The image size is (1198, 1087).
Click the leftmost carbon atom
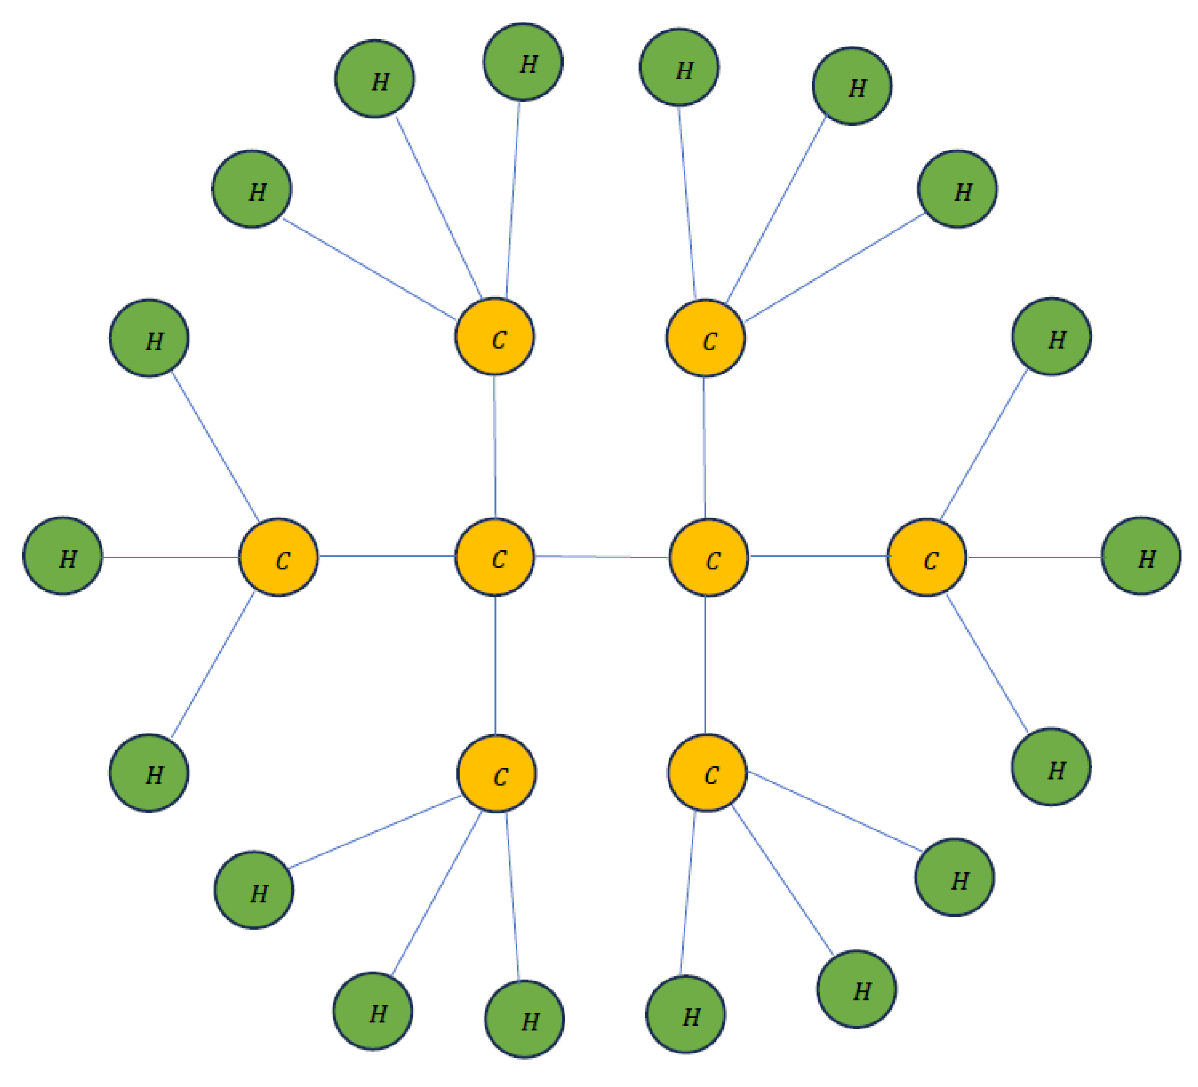coord(278,557)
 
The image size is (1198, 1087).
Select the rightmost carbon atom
coord(927,557)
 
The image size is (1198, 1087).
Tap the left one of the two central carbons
coord(494,557)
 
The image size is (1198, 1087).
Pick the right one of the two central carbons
coord(708,557)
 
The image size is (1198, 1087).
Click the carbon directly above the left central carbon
coord(494,337)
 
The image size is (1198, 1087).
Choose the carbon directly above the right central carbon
coord(705,338)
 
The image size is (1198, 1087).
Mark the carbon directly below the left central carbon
coord(496,773)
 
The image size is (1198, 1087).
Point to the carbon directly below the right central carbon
coord(707,773)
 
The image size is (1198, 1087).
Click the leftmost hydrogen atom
coord(62,556)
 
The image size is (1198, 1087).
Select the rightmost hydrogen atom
coord(1141,556)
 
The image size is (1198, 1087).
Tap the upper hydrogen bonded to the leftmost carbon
coord(149,338)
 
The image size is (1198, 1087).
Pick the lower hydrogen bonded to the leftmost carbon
coord(149,773)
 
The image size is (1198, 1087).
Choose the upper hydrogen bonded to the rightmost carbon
coord(1051,337)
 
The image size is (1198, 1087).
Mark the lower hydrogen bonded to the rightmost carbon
coord(1051,766)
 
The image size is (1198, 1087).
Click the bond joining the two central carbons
coord(601,557)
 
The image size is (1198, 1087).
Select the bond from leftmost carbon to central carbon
coord(386,556)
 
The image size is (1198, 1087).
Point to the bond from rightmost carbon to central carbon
coord(818,556)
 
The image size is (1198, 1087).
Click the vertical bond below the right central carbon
coord(705,665)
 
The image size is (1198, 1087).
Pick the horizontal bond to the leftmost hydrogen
coord(170,557)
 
